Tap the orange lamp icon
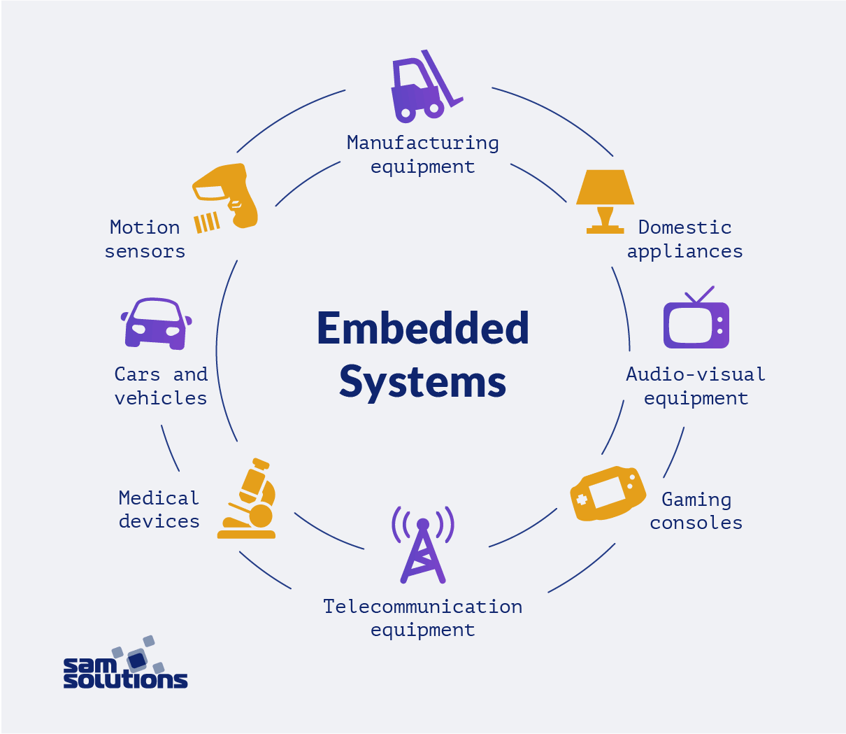click(x=605, y=200)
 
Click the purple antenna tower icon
click(x=423, y=546)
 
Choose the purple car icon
click(x=155, y=323)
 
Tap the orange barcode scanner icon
click(x=225, y=197)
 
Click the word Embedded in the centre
click(x=423, y=329)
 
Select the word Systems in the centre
click(x=423, y=382)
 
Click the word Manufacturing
click(x=423, y=143)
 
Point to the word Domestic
click(x=684, y=227)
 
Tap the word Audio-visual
click(x=696, y=374)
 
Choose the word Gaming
click(x=696, y=500)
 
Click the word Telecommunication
click(x=423, y=606)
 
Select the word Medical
click(x=159, y=498)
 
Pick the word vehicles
click(x=161, y=398)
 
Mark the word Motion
click(x=145, y=227)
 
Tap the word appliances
click(x=684, y=252)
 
